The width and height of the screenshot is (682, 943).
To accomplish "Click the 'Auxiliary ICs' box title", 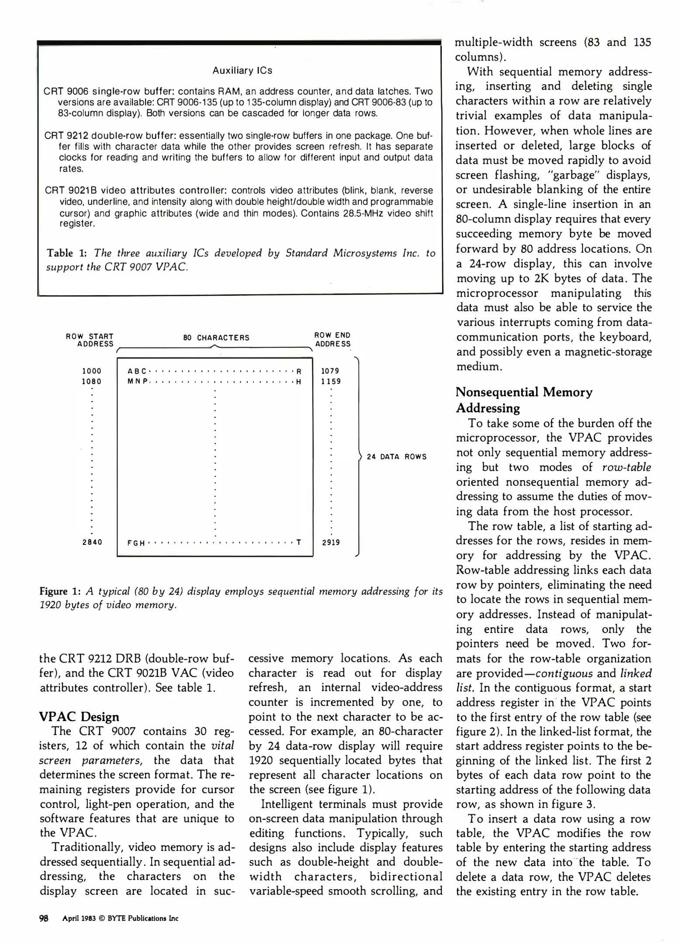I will click(242, 70).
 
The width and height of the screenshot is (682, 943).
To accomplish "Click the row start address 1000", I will click(92, 371).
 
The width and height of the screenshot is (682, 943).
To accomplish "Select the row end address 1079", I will click(330, 371).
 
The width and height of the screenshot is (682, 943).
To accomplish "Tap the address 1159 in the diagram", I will click(331, 381).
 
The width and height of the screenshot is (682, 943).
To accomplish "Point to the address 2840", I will click(92, 542).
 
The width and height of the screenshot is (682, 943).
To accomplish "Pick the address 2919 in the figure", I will click(331, 542).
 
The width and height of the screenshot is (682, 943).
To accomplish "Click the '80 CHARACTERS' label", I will click(216, 337).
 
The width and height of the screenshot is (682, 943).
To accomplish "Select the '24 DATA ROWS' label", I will click(396, 457).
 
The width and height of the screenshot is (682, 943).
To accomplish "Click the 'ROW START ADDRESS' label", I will click(90, 340).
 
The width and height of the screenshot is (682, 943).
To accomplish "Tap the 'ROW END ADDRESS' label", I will click(332, 340).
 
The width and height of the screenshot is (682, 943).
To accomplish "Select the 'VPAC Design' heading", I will click(79, 716).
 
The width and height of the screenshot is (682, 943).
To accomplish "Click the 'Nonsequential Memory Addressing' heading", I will click(523, 399).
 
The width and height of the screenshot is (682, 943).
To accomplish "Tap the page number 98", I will click(44, 918).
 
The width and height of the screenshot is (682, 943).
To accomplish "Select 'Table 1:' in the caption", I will click(66, 253).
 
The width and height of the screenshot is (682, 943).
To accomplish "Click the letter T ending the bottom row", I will click(299, 542).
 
